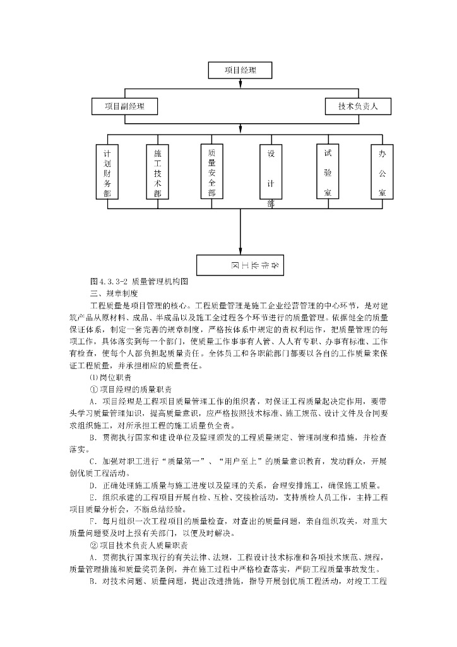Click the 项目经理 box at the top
pos(240,70)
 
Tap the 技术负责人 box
pos(358,106)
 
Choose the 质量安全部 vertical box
pos(211,172)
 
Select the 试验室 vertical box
pos(328,172)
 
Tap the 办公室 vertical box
pos(382,172)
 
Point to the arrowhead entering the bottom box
pos(240,251)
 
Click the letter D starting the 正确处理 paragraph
pos(93,486)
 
